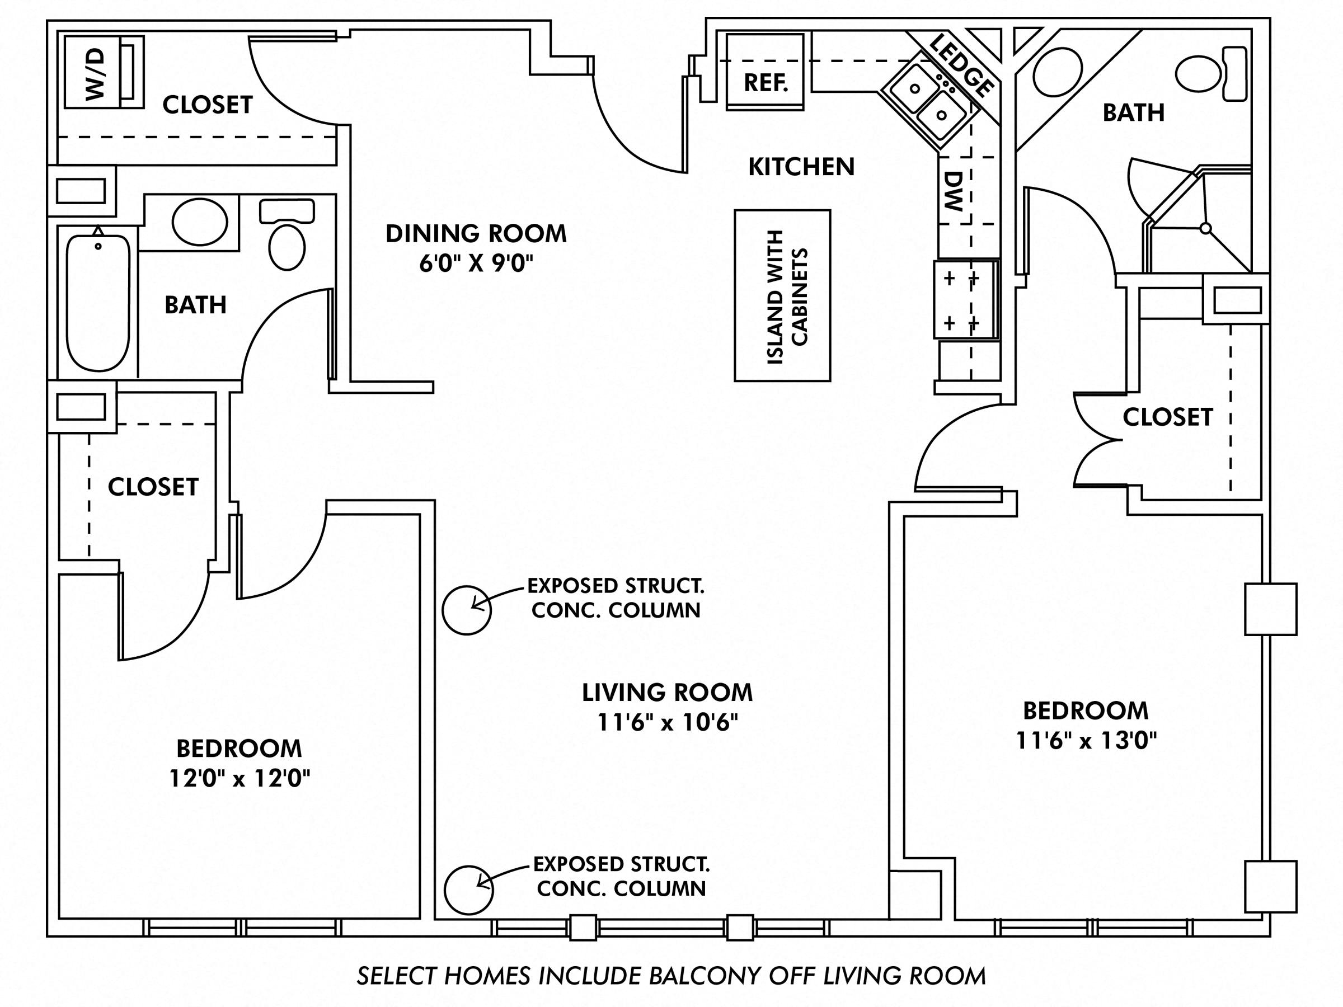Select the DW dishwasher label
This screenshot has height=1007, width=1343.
tap(954, 191)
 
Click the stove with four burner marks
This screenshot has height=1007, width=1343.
tap(965, 299)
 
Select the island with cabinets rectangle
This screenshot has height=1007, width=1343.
tap(782, 295)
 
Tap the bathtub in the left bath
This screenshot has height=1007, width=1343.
tap(98, 303)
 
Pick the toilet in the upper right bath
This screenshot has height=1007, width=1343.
tap(1205, 74)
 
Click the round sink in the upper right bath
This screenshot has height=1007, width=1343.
tap(1057, 72)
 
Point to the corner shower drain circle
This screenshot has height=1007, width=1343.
tap(1206, 228)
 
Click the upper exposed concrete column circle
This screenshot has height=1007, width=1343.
tap(466, 610)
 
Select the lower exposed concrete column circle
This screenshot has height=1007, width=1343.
tap(468, 890)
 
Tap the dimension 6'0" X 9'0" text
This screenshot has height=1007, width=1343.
tap(476, 264)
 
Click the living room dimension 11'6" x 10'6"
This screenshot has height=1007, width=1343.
tap(667, 723)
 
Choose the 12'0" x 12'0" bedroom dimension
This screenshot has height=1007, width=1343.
tap(239, 779)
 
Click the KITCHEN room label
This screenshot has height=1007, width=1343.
tap(801, 167)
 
